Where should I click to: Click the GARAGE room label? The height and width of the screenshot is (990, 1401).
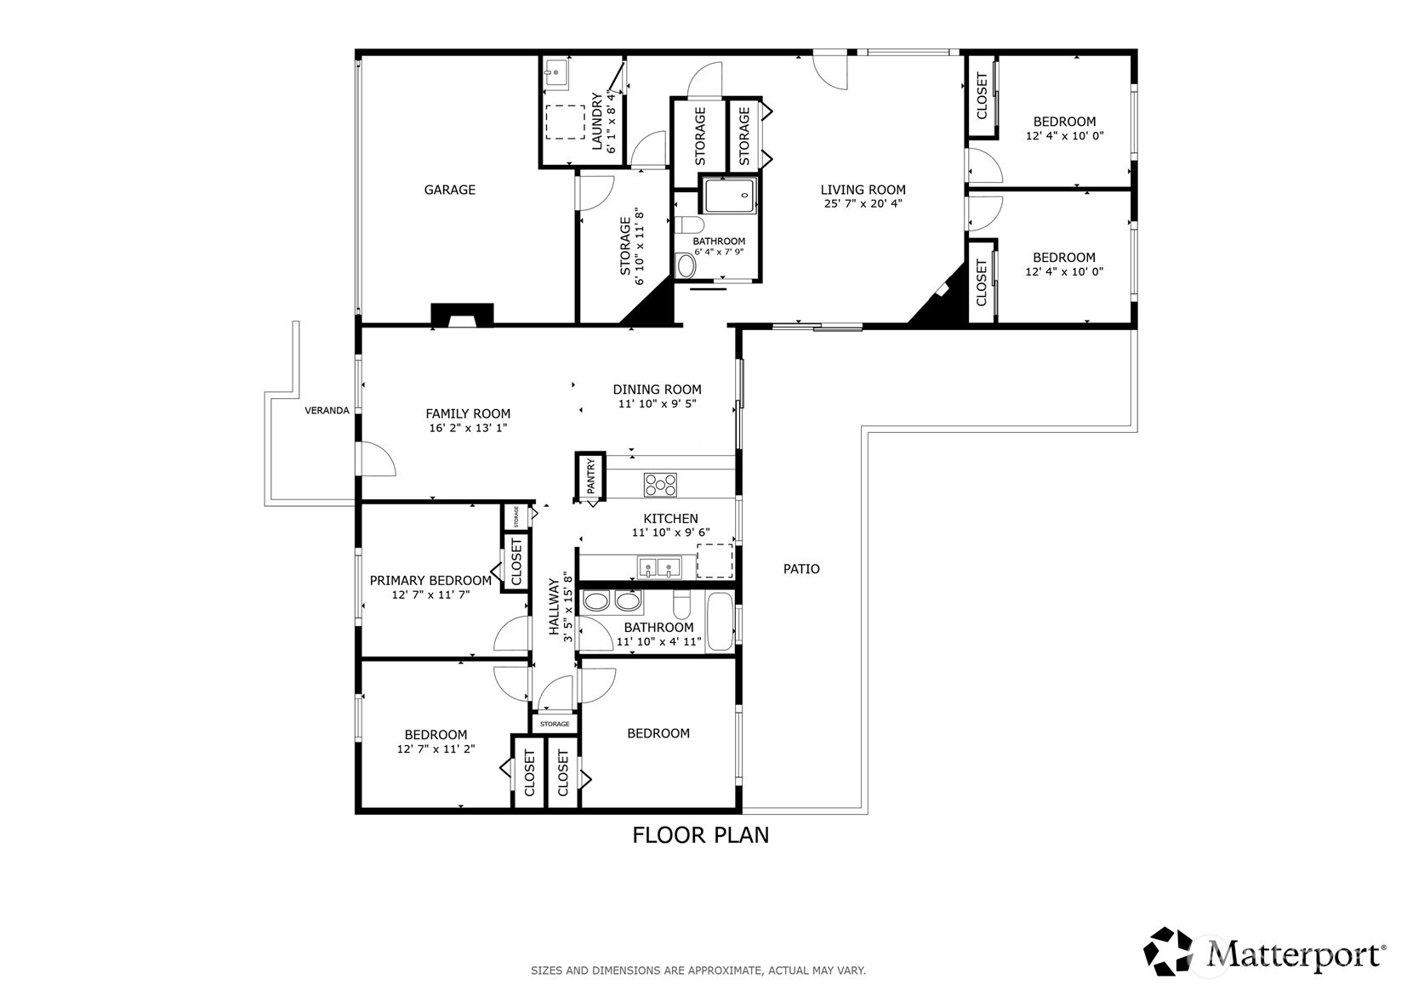point(450,190)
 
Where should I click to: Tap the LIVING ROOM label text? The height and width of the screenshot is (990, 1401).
point(863,190)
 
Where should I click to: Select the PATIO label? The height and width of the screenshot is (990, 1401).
point(801,568)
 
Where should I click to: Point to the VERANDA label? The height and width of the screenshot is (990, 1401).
point(327,410)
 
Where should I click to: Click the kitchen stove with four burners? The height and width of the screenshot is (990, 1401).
point(660,485)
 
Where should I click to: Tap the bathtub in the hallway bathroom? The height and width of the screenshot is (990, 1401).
point(720,623)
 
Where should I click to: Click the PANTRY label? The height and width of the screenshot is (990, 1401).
point(591,476)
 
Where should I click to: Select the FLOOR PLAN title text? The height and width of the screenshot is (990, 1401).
point(701,835)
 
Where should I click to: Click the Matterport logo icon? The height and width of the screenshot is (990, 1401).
point(1168,951)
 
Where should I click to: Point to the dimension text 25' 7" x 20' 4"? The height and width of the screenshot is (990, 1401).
point(863,203)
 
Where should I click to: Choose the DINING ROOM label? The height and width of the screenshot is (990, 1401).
point(657,390)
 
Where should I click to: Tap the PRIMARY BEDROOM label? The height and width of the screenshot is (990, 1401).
point(430,580)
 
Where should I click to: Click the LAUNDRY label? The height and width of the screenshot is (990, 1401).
point(596,122)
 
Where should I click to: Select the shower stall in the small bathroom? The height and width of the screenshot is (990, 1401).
point(730,195)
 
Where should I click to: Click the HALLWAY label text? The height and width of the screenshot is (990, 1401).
point(554,606)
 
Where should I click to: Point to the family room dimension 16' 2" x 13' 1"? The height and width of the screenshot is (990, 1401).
point(468,429)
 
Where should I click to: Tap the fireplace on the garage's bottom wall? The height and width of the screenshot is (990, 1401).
point(462,316)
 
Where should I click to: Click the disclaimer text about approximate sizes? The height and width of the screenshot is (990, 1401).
point(698,970)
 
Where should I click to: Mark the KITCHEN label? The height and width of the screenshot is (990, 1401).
point(670,519)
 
